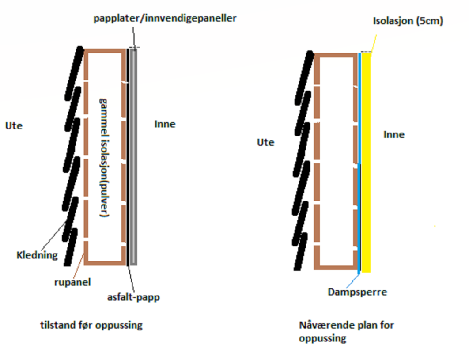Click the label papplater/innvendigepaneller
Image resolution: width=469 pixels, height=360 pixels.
165,18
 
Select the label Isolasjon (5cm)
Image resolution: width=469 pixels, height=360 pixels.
408,21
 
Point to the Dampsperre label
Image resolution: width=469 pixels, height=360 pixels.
357,292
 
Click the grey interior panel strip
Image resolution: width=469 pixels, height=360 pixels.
134,155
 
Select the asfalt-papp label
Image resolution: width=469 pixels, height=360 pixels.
133,297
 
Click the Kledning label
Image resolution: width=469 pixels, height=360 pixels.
37,255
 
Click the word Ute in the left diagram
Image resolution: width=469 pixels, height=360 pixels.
14,126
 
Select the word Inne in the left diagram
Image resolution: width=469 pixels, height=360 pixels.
165,124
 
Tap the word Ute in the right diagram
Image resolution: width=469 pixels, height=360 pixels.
265,142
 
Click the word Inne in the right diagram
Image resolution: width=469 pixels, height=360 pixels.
394,134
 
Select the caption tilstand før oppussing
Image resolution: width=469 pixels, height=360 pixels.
91,325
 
